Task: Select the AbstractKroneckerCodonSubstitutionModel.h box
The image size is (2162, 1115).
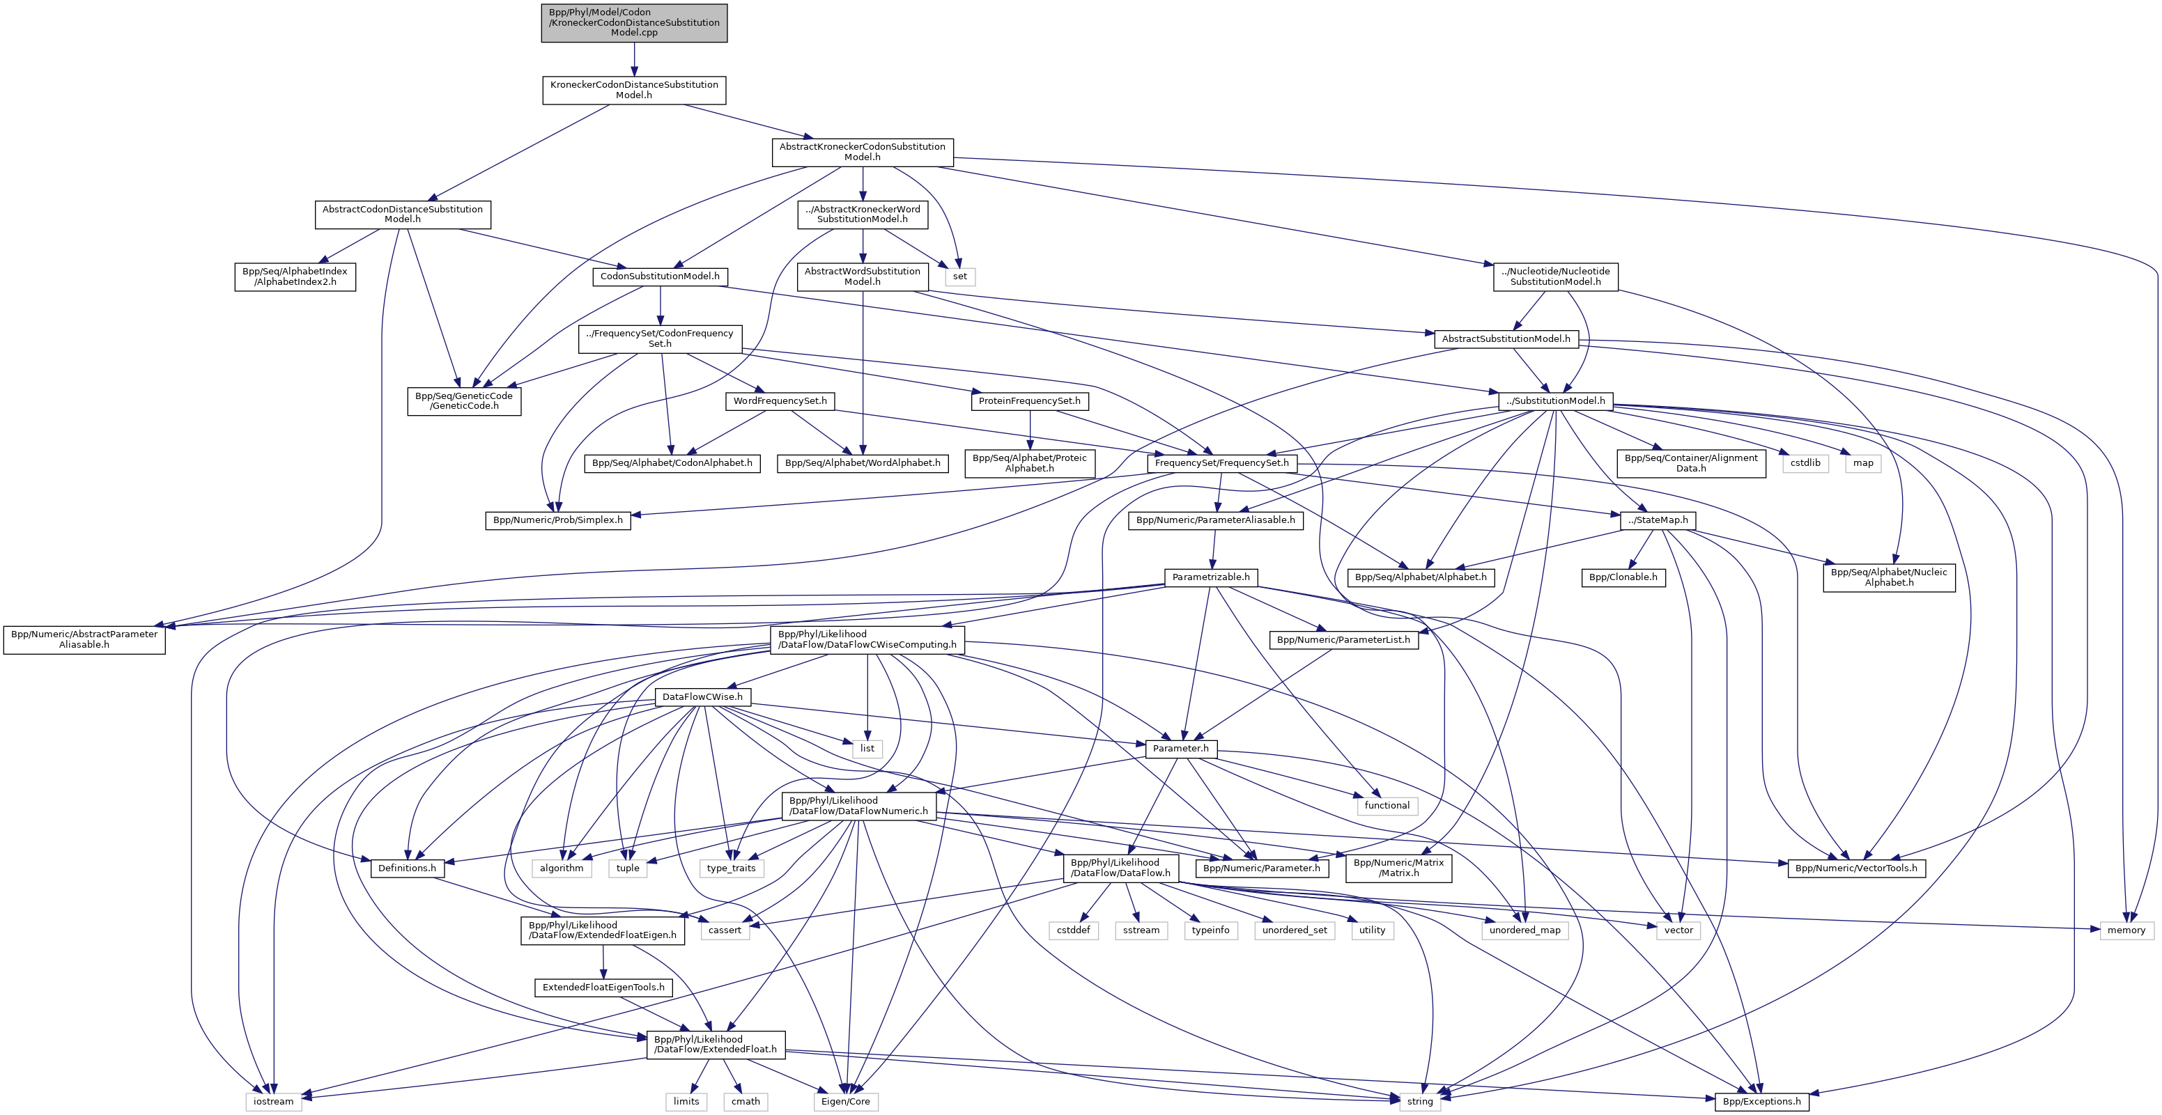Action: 862,152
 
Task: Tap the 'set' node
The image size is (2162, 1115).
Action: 959,276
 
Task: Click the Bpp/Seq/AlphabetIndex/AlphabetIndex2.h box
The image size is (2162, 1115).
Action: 295,277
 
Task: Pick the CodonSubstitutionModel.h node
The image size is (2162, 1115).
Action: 660,276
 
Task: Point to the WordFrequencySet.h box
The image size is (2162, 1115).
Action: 780,401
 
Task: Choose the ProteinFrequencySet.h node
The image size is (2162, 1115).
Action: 1029,401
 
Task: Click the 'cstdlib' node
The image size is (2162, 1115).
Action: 1805,463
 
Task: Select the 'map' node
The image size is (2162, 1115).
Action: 1862,463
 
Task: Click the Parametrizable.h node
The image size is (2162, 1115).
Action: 1210,577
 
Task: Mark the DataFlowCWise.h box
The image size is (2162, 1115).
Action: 702,697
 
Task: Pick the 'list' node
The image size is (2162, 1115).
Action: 867,749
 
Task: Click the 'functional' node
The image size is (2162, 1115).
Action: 1387,805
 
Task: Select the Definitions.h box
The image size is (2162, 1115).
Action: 407,868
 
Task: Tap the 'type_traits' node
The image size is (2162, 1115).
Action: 730,868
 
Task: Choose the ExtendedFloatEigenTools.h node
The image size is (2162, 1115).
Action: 603,988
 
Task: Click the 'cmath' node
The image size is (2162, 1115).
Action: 746,1102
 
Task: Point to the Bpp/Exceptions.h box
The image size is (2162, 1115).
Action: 1761,1102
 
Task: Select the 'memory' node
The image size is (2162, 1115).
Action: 2126,930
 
